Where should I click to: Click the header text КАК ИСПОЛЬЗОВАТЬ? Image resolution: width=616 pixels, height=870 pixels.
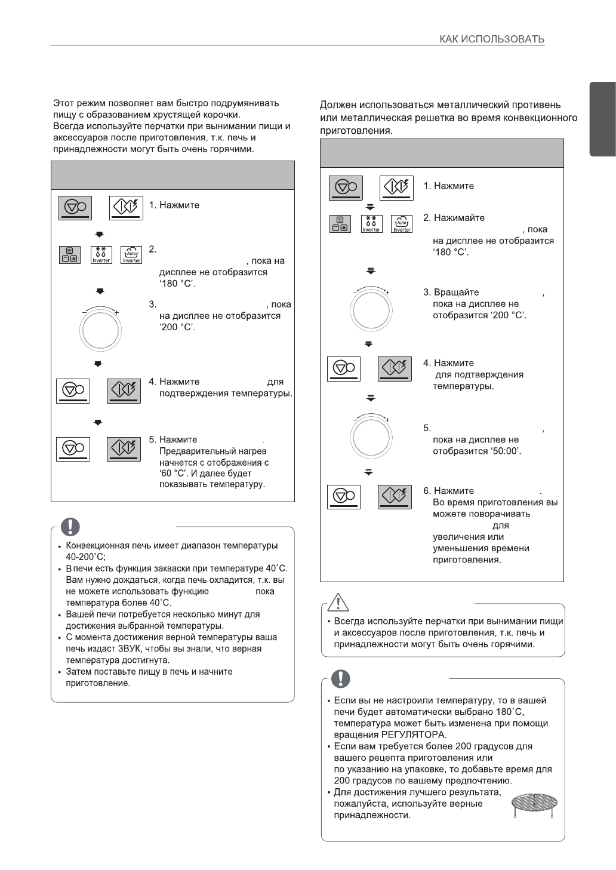[x=492, y=39]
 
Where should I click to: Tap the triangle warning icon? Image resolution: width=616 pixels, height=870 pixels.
[x=338, y=602]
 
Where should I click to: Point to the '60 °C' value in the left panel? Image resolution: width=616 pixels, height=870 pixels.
[x=169, y=474]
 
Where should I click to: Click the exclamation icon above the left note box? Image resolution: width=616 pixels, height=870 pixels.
[x=71, y=525]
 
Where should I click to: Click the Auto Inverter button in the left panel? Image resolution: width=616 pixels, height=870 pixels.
[x=131, y=256]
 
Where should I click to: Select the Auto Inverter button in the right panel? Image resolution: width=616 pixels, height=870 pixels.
[x=402, y=224]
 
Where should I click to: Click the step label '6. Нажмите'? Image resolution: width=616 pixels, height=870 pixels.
[x=448, y=491]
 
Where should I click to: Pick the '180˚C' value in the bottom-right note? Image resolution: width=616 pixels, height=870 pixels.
[x=510, y=712]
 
